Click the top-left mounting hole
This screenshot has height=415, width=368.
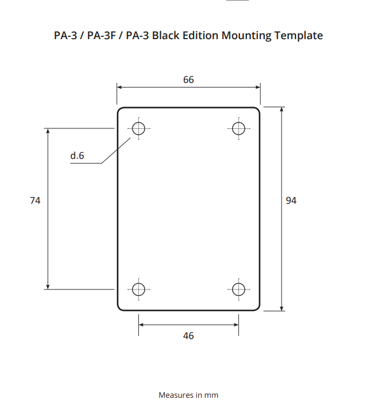click(139, 128)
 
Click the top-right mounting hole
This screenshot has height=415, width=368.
click(238, 128)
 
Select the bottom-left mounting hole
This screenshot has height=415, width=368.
click(139, 289)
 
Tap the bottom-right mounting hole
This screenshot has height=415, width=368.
click(238, 289)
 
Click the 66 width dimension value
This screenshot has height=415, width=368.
click(188, 80)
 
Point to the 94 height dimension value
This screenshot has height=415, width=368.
click(291, 201)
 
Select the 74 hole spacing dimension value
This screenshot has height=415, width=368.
click(35, 201)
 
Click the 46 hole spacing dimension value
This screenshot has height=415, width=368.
click(188, 336)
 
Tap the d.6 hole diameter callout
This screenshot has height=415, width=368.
click(77, 155)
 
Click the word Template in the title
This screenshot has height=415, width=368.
click(295, 36)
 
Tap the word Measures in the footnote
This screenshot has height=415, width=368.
click(176, 395)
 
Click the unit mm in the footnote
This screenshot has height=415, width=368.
click(212, 395)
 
